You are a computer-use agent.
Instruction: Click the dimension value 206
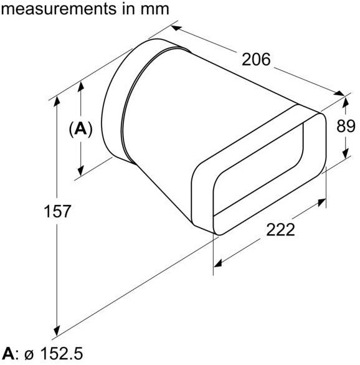tap(256, 60)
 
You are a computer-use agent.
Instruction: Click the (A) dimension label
tap(80, 129)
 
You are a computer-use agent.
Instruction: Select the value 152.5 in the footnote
tap(61, 355)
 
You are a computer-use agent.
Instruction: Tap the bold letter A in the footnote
tap(7, 355)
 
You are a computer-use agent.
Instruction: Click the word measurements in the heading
tap(59, 9)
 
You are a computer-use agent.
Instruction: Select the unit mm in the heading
tap(151, 9)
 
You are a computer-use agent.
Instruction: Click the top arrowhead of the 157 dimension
tap(57, 101)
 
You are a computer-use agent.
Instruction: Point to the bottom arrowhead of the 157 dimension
tap(57, 330)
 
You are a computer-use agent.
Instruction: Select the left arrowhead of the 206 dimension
tap(176, 28)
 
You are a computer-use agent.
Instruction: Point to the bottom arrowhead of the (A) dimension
tap(80, 173)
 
